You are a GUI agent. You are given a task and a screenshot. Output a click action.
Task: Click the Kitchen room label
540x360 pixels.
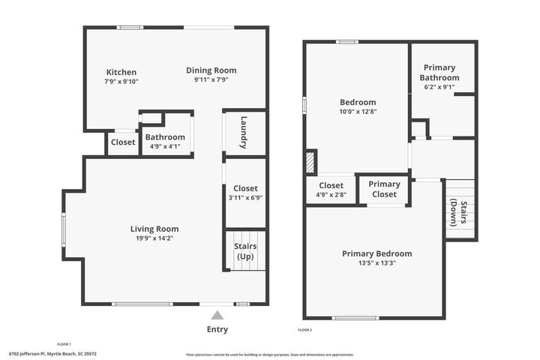click(x=121, y=73)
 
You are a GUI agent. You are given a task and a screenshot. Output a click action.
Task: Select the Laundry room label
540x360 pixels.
click(x=244, y=132)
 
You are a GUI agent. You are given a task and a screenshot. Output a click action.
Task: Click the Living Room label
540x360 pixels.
click(x=154, y=229)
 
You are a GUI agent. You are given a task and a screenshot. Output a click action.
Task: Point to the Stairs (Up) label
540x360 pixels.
click(x=245, y=251)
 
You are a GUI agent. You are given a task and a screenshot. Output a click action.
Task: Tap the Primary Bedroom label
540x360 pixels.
click(x=376, y=253)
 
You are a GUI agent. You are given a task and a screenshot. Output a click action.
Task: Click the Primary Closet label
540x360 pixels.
click(x=384, y=189)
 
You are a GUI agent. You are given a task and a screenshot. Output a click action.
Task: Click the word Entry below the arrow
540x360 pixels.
click(x=217, y=329)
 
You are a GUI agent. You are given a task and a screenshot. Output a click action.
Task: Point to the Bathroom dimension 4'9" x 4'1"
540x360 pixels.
click(x=165, y=146)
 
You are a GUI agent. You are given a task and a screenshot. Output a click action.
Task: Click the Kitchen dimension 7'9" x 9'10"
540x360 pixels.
click(x=121, y=82)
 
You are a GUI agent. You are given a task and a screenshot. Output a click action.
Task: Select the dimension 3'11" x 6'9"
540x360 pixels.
click(x=245, y=198)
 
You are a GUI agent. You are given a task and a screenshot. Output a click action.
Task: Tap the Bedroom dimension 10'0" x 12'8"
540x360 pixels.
click(x=358, y=111)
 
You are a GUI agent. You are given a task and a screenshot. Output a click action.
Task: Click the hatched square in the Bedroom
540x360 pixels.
click(x=310, y=163)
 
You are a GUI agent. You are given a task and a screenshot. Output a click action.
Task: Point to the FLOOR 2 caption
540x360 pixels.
click(x=304, y=330)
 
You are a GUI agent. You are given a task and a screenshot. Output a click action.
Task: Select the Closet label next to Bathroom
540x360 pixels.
click(x=123, y=142)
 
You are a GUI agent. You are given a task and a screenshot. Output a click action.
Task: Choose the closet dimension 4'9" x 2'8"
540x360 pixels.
click(x=331, y=195)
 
